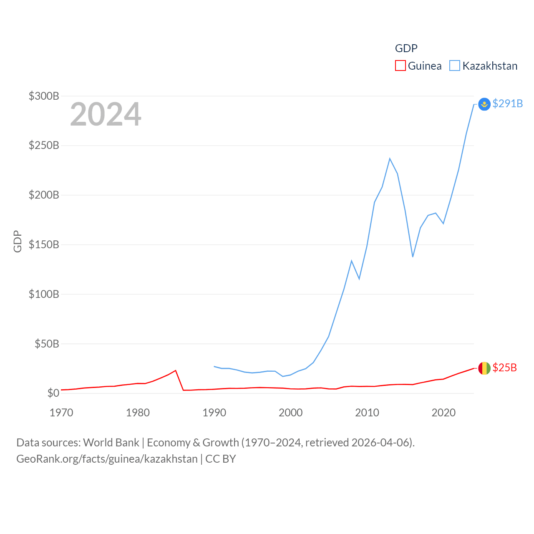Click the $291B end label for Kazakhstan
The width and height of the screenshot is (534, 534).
[507, 103]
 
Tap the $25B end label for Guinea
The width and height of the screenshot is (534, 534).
[504, 368]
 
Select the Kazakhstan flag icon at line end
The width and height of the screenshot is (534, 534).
[484, 104]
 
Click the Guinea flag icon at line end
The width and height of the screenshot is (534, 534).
[484, 368]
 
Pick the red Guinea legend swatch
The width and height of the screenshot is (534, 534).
[400, 66]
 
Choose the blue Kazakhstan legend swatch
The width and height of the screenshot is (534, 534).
[455, 66]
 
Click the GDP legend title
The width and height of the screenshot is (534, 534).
[406, 48]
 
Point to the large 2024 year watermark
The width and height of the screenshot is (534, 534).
[106, 114]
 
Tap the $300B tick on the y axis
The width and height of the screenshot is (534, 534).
[44, 96]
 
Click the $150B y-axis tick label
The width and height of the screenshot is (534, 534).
[44, 244]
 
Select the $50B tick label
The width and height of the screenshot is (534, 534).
[46, 344]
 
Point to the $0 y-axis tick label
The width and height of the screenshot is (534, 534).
[53, 393]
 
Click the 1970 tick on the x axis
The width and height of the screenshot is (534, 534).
[61, 413]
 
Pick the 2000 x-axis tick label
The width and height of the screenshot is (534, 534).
[290, 413]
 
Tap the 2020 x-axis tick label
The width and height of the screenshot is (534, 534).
[443, 413]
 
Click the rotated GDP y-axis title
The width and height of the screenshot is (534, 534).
[18, 241]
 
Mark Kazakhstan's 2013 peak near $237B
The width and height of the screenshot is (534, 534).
[390, 159]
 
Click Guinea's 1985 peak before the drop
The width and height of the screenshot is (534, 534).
[176, 370]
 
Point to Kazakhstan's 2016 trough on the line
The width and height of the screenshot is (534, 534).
[413, 257]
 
